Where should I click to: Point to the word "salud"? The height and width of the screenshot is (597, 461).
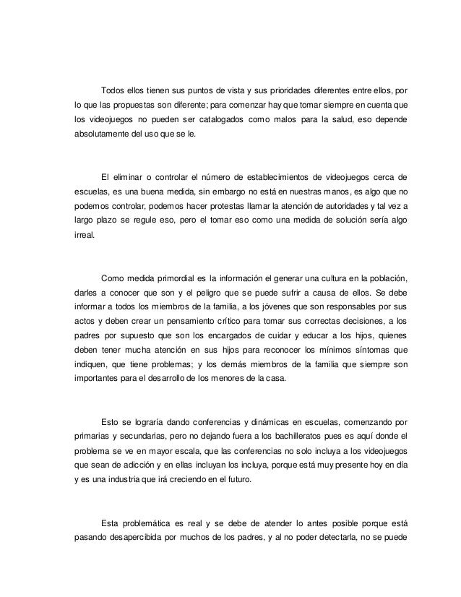click(332, 119)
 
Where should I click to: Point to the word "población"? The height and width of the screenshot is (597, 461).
click(382, 278)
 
